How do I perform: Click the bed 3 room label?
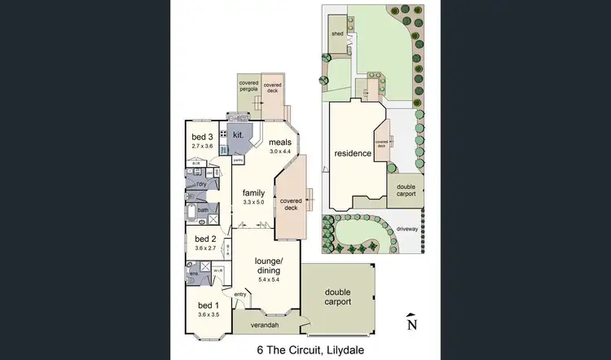(x=202, y=136)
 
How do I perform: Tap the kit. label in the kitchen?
(x=239, y=134)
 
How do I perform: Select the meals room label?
(x=281, y=142)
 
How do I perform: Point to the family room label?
(x=254, y=193)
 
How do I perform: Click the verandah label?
(x=264, y=326)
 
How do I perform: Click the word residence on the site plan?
(x=353, y=153)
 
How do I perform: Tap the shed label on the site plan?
(x=336, y=34)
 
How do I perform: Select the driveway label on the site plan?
(x=407, y=230)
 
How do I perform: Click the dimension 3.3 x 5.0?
(x=254, y=202)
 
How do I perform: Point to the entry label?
(x=240, y=294)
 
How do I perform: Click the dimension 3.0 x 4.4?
(x=281, y=151)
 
